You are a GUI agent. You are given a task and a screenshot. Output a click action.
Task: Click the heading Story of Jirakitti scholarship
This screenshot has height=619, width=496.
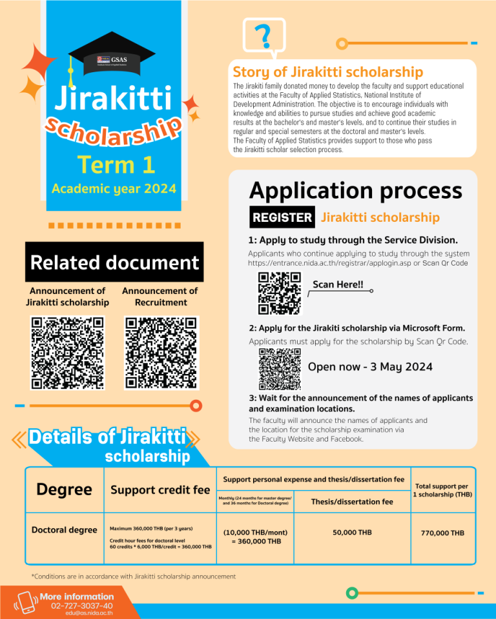point(327,72)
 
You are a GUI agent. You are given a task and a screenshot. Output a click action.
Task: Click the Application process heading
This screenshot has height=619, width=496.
point(355,191)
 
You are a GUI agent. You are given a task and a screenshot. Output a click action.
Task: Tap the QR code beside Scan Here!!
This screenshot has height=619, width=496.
point(280,293)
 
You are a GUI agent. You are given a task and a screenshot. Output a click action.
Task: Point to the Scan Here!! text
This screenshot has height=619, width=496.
point(338,284)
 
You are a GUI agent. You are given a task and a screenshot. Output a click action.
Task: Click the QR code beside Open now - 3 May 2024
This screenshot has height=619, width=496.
point(280,369)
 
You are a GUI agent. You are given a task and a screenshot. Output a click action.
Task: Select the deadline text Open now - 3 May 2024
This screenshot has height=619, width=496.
point(369,368)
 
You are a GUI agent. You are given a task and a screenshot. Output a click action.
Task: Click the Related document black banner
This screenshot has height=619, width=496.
point(114,262)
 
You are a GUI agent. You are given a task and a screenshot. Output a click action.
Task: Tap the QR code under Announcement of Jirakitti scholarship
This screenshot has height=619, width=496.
point(67,352)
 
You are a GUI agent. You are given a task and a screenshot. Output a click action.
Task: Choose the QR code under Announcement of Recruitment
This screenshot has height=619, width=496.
point(161,352)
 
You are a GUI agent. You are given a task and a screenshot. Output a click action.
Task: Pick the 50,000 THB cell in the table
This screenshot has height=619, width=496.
point(352,533)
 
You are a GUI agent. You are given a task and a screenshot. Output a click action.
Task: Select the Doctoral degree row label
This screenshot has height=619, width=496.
point(65,530)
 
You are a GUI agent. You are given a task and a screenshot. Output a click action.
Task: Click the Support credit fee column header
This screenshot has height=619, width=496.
point(160,490)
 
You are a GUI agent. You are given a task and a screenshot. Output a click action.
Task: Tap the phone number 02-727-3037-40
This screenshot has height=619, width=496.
point(81,605)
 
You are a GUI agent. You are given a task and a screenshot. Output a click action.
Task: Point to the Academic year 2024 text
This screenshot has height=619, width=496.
point(114,190)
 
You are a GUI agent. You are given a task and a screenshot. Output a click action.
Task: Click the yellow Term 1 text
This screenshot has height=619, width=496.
point(117,164)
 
